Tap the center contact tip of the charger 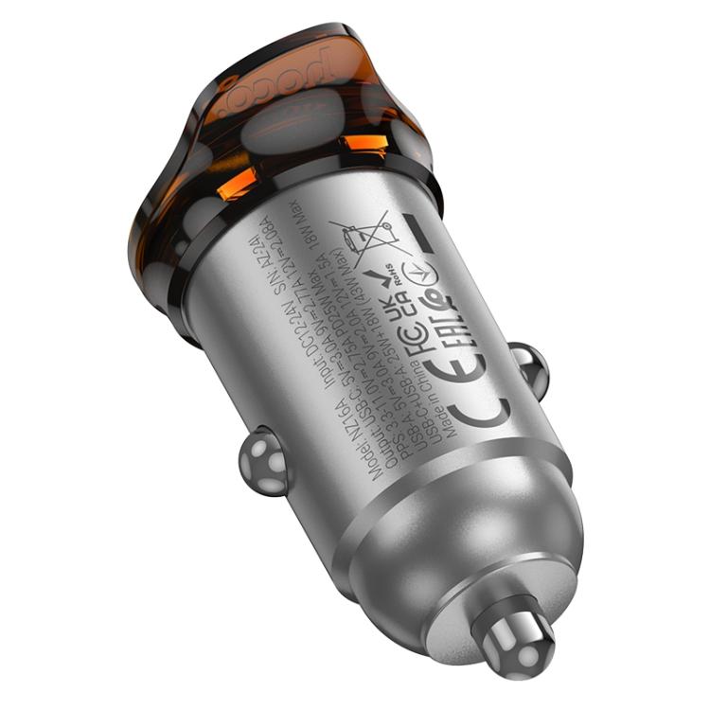click(518, 649)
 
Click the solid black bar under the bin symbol click(419, 234)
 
